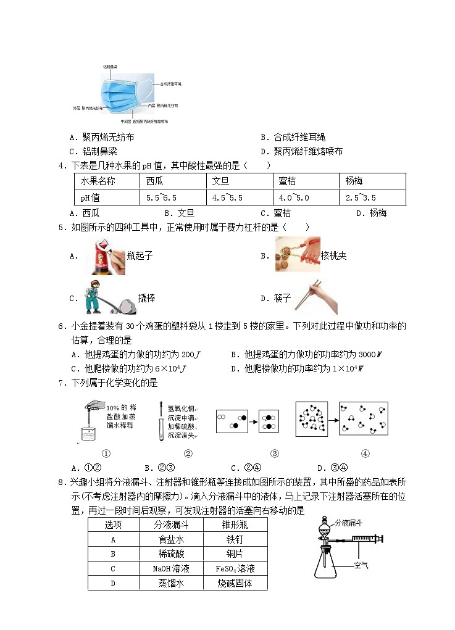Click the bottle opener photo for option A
pos(104,256)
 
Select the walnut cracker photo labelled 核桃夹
pos(297,254)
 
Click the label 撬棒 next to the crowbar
pos(146,298)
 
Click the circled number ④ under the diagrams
pos(364,454)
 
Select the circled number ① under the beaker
pos(106,454)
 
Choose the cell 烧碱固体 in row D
pos(235,582)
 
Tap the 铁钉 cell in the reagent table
pos(235,539)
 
